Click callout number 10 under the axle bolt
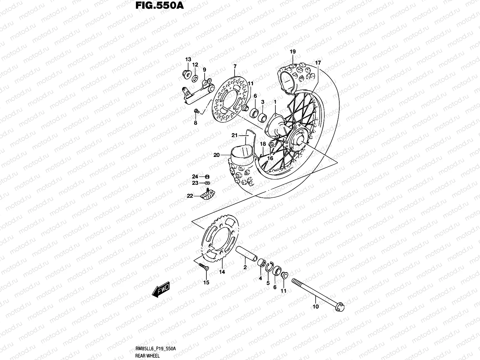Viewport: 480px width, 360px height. [x=316, y=306]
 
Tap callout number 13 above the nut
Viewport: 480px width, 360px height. [x=188, y=59]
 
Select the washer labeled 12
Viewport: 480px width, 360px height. [x=195, y=79]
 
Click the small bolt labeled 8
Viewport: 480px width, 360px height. [x=196, y=111]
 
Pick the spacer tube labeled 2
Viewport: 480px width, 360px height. [x=247, y=253]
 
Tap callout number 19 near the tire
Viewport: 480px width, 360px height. [x=293, y=52]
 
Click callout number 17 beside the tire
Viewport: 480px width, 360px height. [x=318, y=63]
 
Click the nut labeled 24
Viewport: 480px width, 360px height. [x=207, y=176]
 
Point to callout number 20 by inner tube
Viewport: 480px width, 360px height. [x=216, y=155]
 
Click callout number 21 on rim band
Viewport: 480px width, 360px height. [x=234, y=135]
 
